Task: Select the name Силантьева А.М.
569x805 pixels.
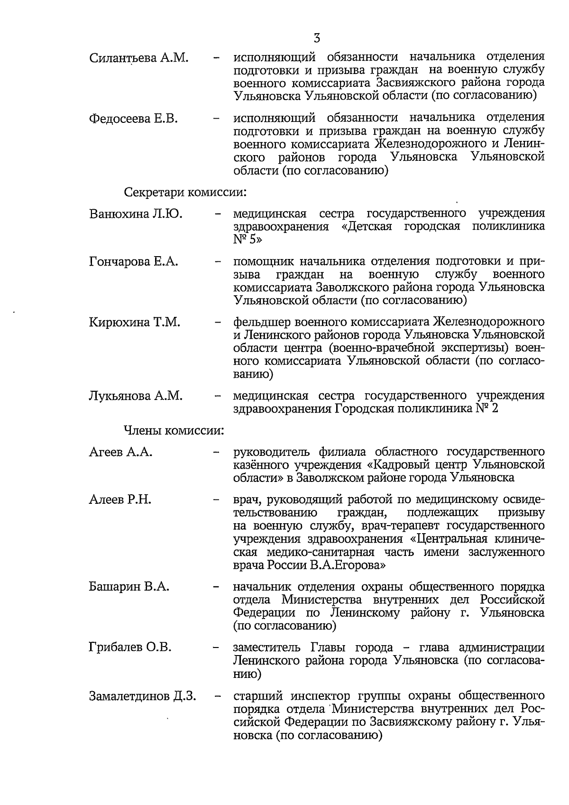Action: click(x=139, y=58)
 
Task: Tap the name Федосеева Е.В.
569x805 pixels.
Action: click(x=133, y=118)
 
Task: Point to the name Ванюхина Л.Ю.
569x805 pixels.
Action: click(x=136, y=214)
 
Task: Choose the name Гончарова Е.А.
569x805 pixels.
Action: click(x=134, y=261)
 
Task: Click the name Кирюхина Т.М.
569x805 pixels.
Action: click(x=135, y=323)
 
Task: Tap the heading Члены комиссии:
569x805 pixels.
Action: click(x=174, y=430)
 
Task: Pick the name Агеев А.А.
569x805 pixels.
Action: click(x=120, y=452)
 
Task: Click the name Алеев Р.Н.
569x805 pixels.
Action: click(x=120, y=500)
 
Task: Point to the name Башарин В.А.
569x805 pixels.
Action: click(x=129, y=587)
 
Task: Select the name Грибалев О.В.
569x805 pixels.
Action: click(x=130, y=648)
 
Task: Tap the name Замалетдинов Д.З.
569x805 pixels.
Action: click(x=143, y=696)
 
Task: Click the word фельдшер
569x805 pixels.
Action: click(x=262, y=323)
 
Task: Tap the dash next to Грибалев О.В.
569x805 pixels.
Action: click(x=217, y=648)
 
